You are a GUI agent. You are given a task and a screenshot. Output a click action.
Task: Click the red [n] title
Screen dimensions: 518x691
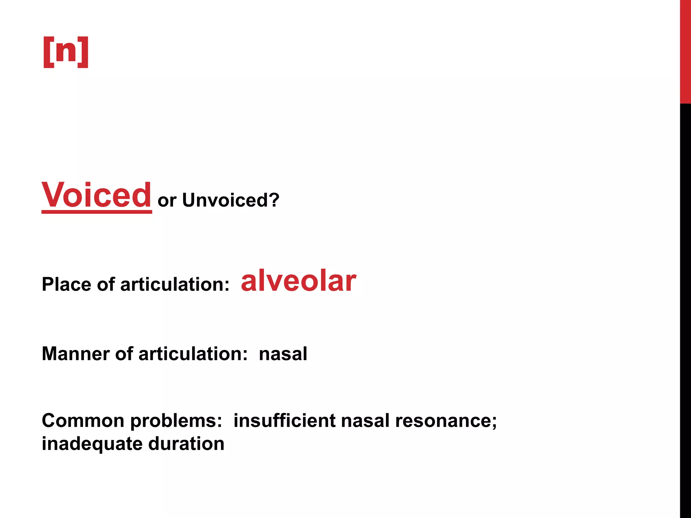[66, 52]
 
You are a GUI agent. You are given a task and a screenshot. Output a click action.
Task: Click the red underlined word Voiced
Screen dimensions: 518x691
[96, 195]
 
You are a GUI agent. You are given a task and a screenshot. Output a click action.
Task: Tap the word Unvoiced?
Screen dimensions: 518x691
[231, 200]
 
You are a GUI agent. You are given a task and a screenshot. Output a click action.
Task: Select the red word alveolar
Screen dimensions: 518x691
[298, 281]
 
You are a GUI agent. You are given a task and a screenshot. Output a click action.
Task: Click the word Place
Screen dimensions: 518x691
[66, 284]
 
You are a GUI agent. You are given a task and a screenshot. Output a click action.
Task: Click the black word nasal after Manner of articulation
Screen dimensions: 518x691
[283, 354]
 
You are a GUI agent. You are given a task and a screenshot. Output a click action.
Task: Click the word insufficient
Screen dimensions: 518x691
[284, 421]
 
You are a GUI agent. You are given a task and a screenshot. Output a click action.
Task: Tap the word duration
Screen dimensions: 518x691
[186, 443]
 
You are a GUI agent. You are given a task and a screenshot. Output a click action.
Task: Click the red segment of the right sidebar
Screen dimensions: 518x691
[685, 51]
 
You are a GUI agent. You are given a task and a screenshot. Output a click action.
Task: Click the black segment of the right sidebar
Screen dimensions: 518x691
[685, 304]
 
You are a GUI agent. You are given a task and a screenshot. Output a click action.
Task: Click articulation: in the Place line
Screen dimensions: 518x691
[175, 284]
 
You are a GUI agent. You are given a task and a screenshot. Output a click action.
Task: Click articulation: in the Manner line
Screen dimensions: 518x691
[193, 354]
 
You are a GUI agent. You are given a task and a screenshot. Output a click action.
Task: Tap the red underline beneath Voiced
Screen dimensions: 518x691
[96, 211]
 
